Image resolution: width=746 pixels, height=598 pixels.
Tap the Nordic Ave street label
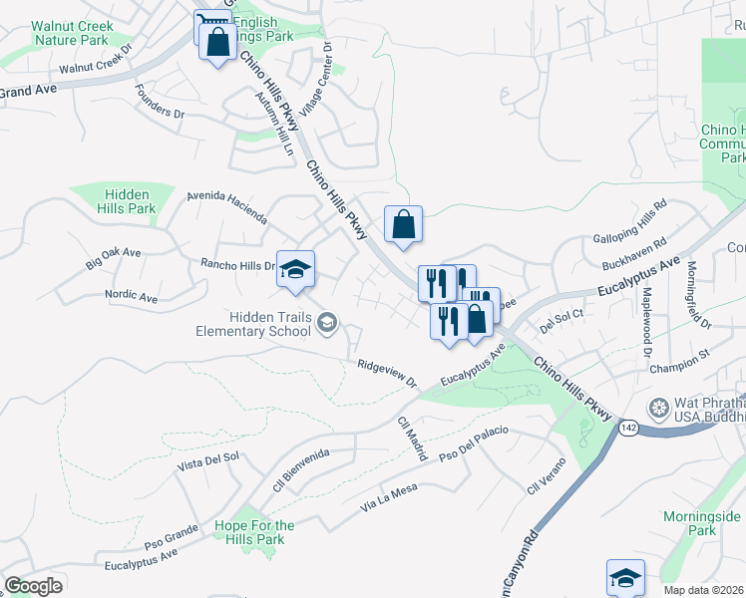(131, 297)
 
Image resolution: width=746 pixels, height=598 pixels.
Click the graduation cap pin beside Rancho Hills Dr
(295, 270)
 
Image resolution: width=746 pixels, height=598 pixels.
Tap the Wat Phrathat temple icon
(657, 408)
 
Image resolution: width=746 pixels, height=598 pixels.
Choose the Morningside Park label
(701, 523)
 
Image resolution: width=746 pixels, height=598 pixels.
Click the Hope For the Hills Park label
(254, 532)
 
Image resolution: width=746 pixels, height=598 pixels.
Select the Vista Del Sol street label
(208, 461)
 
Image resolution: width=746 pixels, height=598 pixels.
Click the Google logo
(33, 586)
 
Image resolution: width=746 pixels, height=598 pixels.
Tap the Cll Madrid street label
(412, 439)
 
